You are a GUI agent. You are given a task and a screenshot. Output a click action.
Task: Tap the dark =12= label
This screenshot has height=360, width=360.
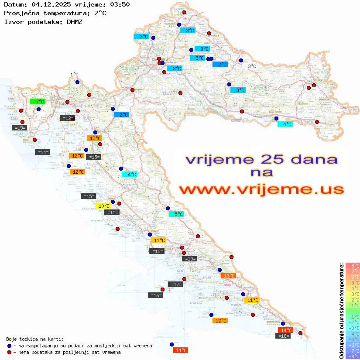[67, 118]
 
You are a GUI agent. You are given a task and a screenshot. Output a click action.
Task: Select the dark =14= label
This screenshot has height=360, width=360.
[43, 152]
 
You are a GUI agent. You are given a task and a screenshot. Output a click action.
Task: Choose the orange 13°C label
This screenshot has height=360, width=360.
[228, 275]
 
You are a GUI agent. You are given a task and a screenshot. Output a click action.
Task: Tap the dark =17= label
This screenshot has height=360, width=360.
[175, 285]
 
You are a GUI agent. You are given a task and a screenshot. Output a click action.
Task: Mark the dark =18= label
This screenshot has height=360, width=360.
[284, 336]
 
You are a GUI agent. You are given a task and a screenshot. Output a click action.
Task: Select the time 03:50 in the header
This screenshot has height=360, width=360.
[120, 4]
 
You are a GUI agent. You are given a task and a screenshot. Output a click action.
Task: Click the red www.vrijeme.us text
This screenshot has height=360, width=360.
[261, 190]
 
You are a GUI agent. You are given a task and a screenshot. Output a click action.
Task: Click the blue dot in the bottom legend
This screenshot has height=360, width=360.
[9, 346]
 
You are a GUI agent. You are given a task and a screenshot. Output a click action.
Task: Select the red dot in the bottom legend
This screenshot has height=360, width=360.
[9, 352]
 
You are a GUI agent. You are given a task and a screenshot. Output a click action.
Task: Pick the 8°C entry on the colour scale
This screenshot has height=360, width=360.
[353, 265]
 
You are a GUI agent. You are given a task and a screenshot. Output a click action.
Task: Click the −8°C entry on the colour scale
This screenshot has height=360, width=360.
[353, 356]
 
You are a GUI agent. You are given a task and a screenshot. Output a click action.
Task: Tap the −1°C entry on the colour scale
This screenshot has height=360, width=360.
[353, 316]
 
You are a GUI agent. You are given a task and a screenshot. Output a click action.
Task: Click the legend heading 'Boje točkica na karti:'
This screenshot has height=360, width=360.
[35, 339]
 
